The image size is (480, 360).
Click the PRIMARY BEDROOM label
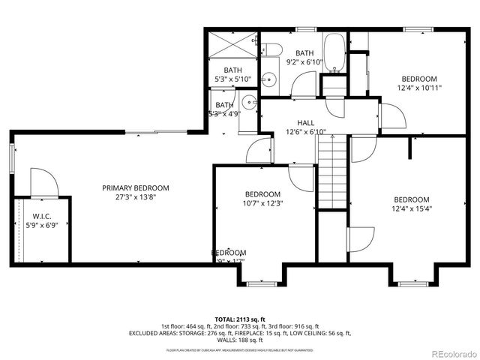(x=136, y=188)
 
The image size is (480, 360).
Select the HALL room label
(x=305, y=122)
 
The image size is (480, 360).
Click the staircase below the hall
(x=332, y=172)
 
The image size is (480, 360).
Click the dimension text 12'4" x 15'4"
(x=412, y=208)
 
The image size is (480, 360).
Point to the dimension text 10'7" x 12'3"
(x=262, y=203)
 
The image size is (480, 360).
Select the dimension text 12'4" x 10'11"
(x=419, y=88)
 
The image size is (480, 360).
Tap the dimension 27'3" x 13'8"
(x=136, y=197)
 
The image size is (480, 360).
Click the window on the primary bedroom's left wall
(x=12, y=157)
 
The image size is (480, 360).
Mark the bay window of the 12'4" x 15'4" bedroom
(x=412, y=283)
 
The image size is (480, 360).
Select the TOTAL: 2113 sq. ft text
(x=240, y=318)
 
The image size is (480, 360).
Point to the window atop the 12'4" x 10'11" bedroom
(x=414, y=29)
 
